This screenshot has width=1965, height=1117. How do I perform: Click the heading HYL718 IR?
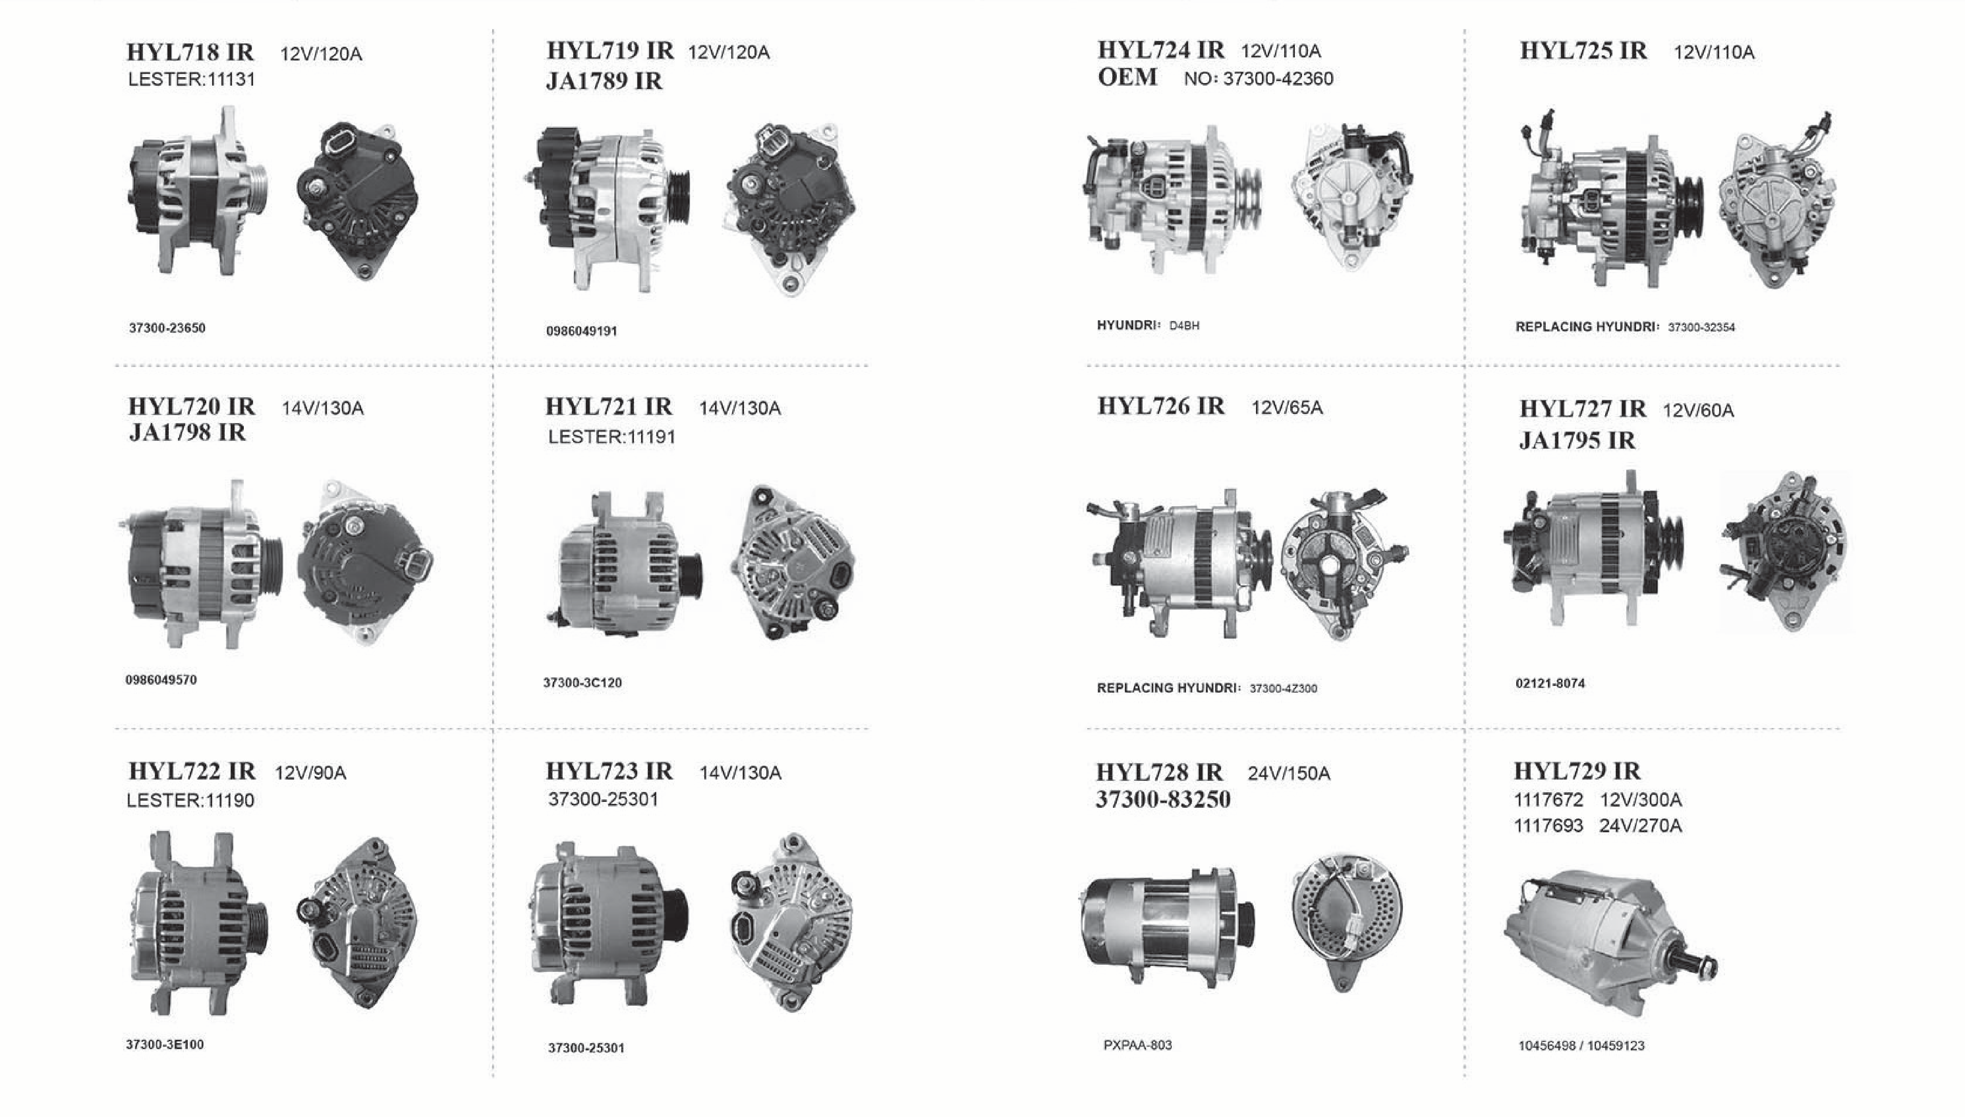pyautogui.click(x=190, y=52)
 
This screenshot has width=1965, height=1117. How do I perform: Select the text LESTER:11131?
pyautogui.click(x=192, y=79)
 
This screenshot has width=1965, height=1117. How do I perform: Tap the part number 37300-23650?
pyautogui.click(x=167, y=328)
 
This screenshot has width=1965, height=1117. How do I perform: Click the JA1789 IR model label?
pyautogui.click(x=604, y=81)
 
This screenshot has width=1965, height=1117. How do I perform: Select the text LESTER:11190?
pyautogui.click(x=190, y=800)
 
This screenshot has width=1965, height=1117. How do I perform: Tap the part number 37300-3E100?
pyautogui.click(x=165, y=1044)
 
